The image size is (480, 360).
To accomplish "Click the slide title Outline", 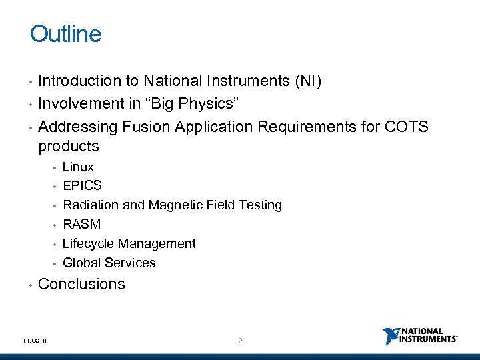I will coord(65,34).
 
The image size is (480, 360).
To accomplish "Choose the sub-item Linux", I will coord(78,167).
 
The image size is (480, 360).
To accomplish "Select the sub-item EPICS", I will coord(82,185).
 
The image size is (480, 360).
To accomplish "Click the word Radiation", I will coord(91,205).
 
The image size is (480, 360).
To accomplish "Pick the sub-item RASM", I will coord(81,224).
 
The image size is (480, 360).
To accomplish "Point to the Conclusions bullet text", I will coord(81,284).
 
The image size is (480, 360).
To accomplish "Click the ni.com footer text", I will coord(35,340).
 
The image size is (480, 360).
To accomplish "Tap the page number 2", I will coord(240,341).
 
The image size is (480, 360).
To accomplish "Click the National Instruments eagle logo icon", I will coord(390,336).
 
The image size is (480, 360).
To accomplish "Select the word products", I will coord(68,146).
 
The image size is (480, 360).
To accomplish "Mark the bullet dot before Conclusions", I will coord(31,285).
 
